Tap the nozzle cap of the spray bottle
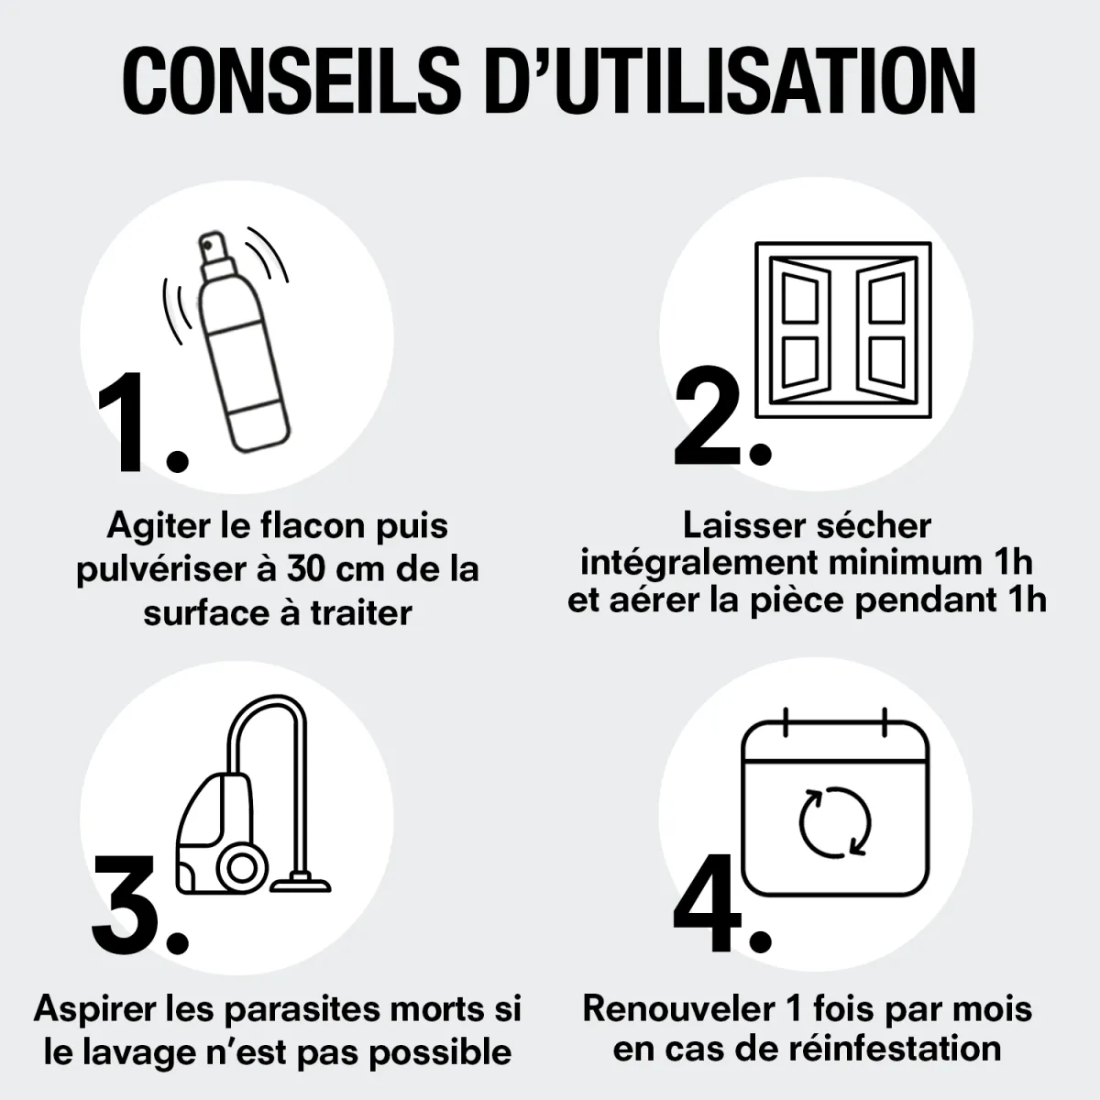tap(215, 255)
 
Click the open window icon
tap(843, 329)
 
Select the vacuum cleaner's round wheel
tap(243, 869)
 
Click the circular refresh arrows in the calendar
tap(835, 822)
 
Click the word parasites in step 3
tap(301, 1009)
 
